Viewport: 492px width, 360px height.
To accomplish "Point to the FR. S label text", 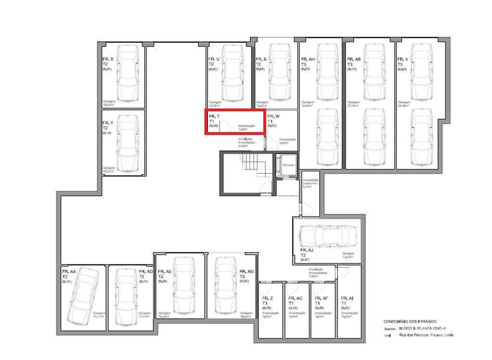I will click(261, 60).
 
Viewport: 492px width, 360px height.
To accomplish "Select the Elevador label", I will click(288, 165).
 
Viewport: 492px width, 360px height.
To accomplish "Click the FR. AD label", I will click(146, 272).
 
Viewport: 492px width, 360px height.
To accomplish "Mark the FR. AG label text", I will click(246, 272).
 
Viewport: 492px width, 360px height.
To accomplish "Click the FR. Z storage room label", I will click(268, 299).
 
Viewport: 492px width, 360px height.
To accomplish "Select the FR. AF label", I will click(321, 299).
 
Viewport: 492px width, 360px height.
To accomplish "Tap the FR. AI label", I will click(347, 299).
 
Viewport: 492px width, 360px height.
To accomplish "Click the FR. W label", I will click(274, 116).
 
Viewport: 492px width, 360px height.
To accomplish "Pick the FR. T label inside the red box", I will click(215, 116).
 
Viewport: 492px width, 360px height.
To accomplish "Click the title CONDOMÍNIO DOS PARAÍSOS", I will click(410, 321).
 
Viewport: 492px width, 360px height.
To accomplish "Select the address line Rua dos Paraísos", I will click(426, 335).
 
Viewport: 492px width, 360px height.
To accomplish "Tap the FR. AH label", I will click(308, 60).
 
